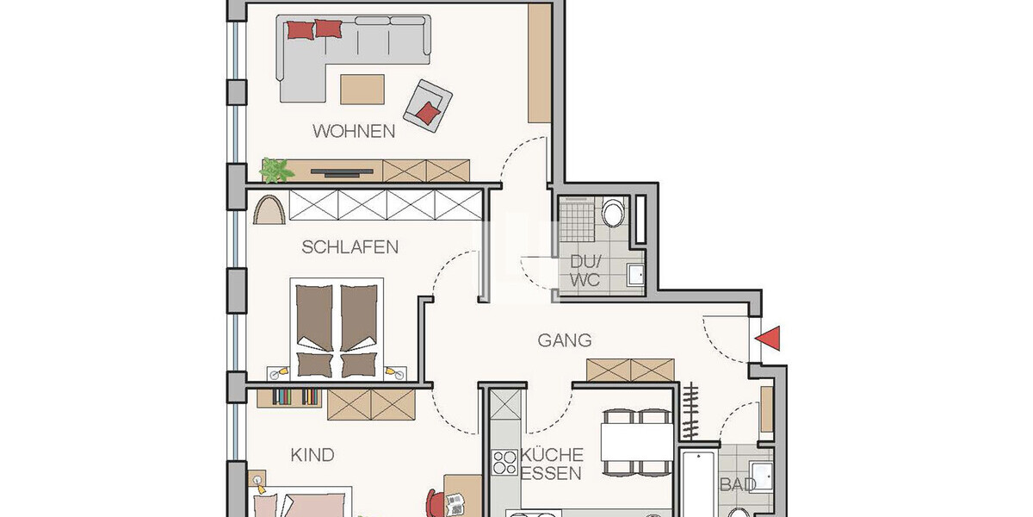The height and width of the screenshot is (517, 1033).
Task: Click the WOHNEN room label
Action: coord(354,132)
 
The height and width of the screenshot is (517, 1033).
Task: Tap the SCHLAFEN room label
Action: coord(349,247)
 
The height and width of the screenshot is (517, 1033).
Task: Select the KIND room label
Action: coord(312,455)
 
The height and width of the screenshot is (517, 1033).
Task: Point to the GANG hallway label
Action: coord(565,340)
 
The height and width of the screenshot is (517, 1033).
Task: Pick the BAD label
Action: coord(737,485)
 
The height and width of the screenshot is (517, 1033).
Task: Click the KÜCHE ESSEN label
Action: coord(552,464)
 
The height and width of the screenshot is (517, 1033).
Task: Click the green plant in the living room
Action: coord(276,170)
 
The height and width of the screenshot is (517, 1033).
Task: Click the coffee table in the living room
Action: coord(362,89)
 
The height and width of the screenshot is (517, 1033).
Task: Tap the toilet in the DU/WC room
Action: coord(614,212)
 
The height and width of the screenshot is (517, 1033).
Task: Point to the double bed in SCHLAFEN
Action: coord(336,328)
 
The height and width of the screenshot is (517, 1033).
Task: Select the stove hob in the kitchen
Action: coord(504,463)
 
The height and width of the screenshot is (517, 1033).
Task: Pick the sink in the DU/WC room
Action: coord(635,274)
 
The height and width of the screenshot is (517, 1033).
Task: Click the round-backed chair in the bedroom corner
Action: coord(270,209)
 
